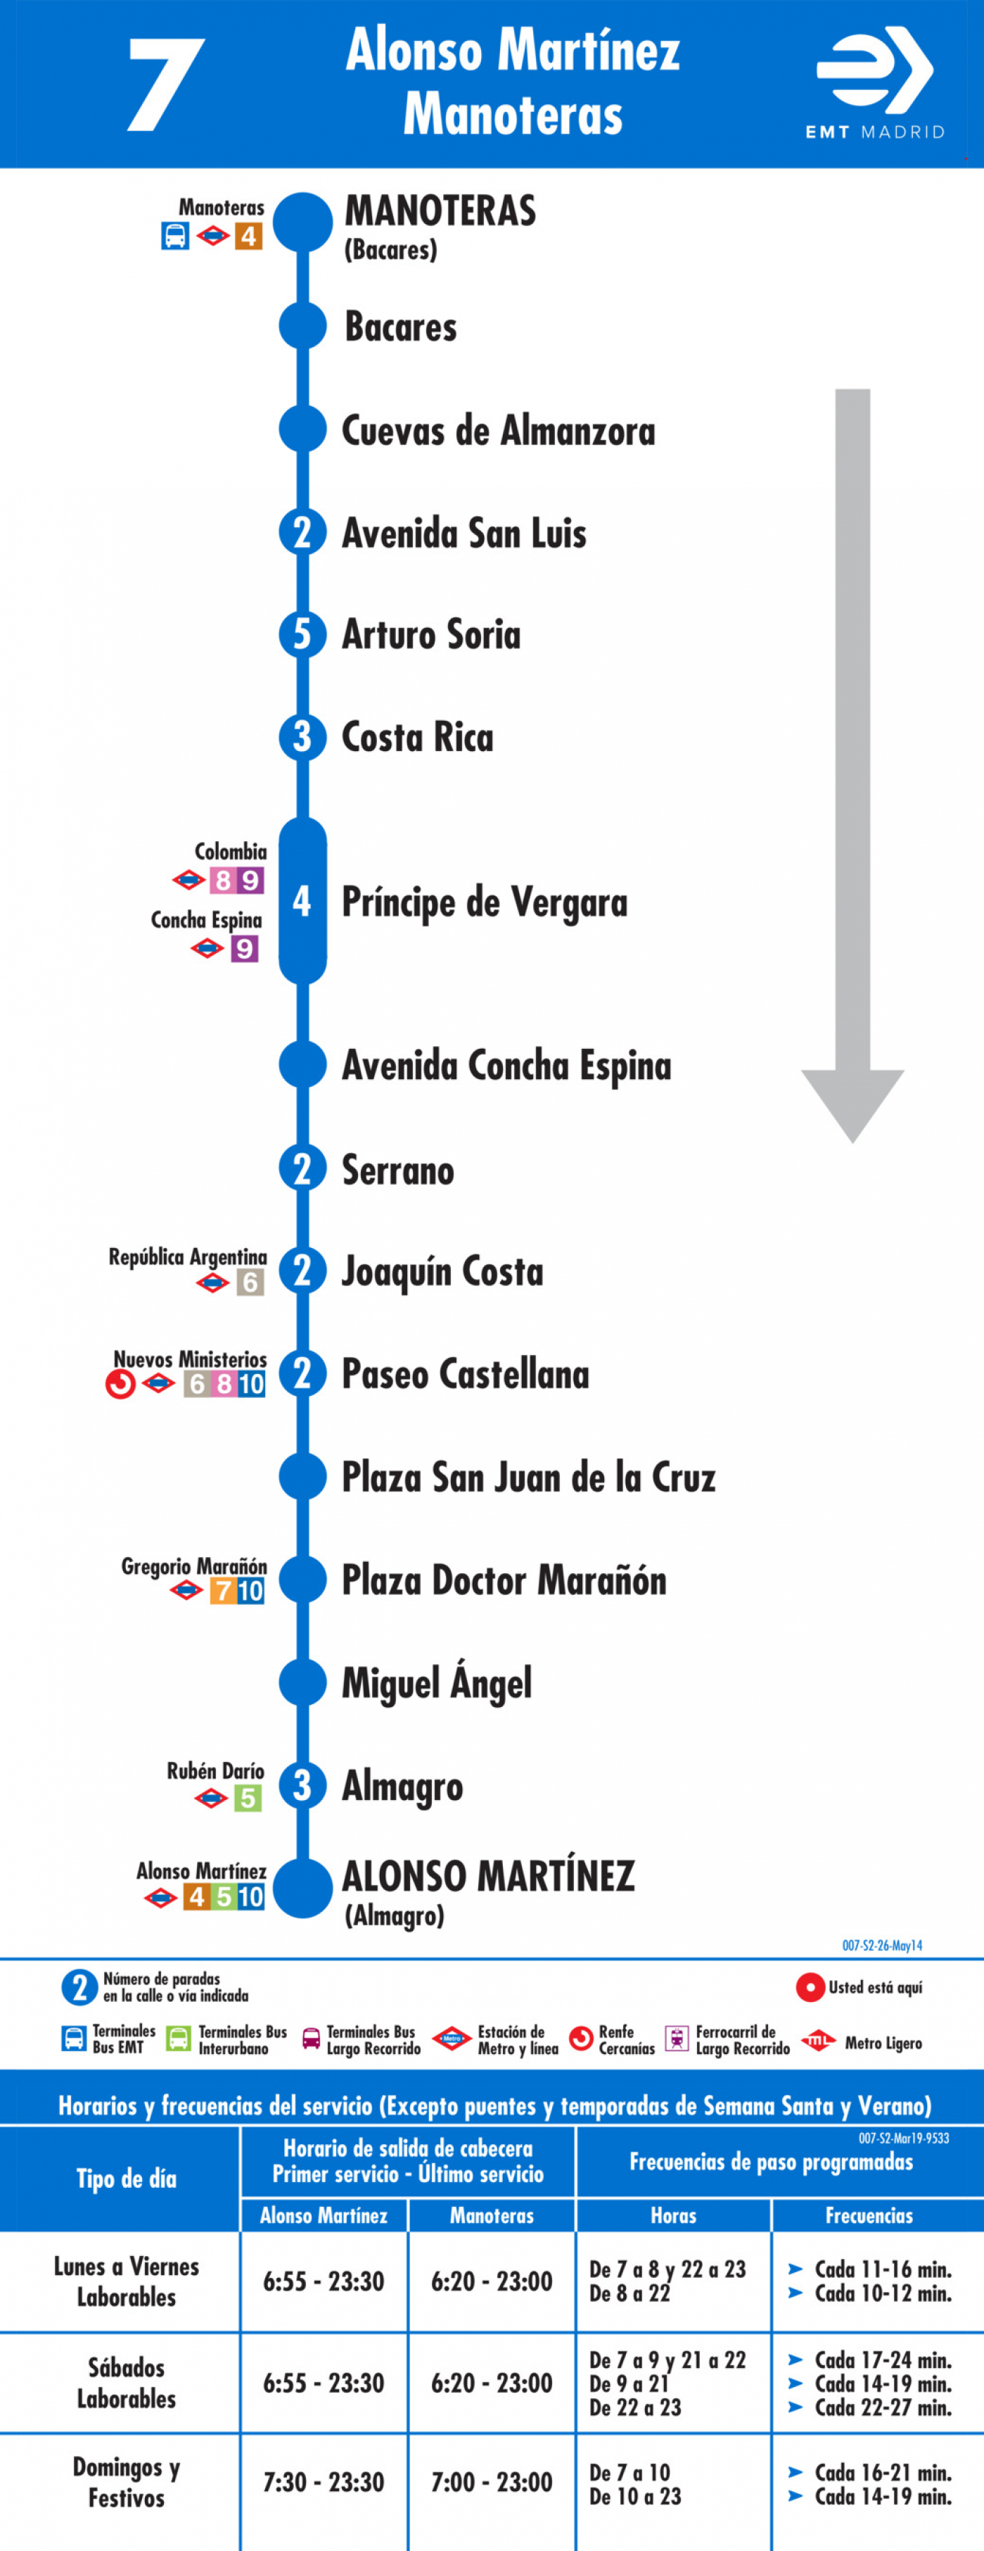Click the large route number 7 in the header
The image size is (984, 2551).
pyautogui.click(x=166, y=84)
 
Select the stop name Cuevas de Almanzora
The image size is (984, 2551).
pyautogui.click(x=498, y=431)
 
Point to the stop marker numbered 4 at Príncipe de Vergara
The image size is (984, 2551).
pyautogui.click(x=302, y=901)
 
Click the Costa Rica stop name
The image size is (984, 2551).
pyautogui.click(x=417, y=737)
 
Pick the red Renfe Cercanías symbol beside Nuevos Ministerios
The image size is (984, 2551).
pyautogui.click(x=121, y=1383)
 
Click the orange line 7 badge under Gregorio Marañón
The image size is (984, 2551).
pyautogui.click(x=224, y=1590)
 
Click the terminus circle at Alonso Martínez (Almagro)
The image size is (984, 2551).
pyautogui.click(x=302, y=1887)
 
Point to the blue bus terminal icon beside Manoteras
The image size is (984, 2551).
pyautogui.click(x=175, y=236)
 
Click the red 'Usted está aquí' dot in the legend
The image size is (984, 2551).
pyautogui.click(x=810, y=1988)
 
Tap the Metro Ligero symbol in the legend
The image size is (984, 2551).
pyautogui.click(x=818, y=2040)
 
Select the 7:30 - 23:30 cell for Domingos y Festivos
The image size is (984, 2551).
pyautogui.click(x=323, y=2482)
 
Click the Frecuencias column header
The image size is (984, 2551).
pyautogui.click(x=869, y=2215)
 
